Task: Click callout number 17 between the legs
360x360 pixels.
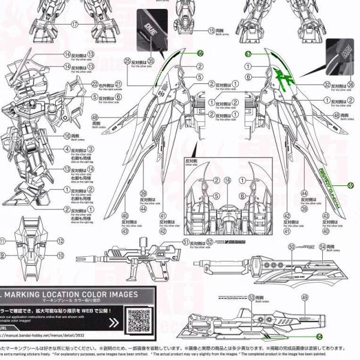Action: pyautogui.click(x=74, y=24)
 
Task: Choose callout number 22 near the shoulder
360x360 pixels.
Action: pyautogui.click(x=95, y=83)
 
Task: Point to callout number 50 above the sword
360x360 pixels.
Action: pyautogui.click(x=292, y=247)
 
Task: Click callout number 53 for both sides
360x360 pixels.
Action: pyautogui.click(x=251, y=297)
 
